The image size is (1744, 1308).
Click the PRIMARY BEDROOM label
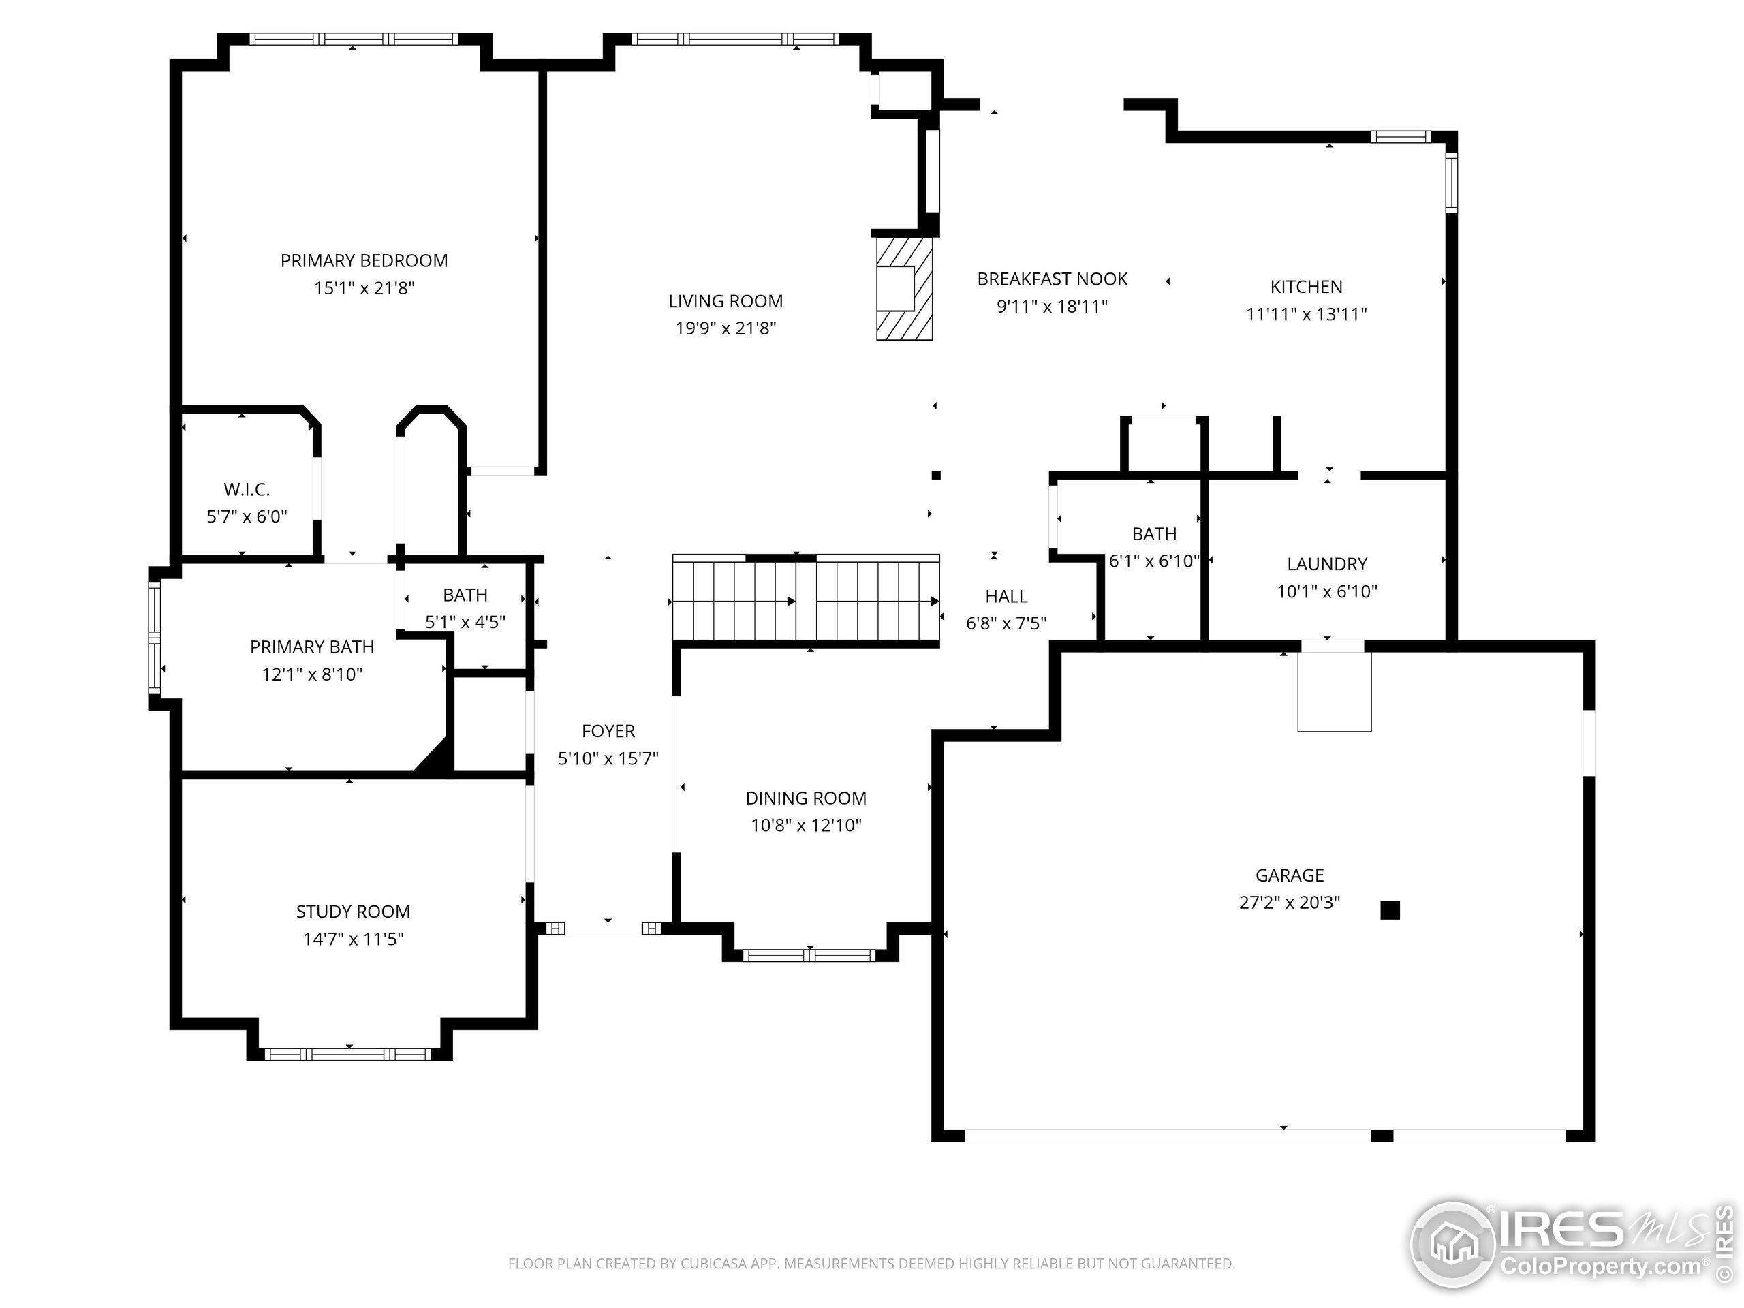coord(364,261)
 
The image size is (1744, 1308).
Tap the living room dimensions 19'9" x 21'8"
coord(726,328)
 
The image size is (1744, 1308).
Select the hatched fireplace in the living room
coord(904,289)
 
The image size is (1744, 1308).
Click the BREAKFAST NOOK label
coord(1053,279)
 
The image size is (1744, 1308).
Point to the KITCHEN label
coord(1307,287)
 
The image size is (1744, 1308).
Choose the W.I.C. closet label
coord(247,490)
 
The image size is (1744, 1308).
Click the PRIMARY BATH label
coord(312,647)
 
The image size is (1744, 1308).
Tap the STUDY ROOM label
coord(353,912)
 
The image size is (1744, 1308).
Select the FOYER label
coord(608,732)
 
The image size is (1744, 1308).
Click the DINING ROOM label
coord(806,798)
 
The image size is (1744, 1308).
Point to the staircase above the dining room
coord(806,600)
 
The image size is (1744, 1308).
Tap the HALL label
coord(1007,597)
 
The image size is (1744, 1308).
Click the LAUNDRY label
coord(1327,565)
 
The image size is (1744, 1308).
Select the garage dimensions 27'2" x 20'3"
coord(1290,903)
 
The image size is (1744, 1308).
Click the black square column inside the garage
coord(1390,911)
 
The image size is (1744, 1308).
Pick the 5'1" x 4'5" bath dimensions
coord(465,622)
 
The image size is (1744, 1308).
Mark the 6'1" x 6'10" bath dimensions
coord(1154,561)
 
